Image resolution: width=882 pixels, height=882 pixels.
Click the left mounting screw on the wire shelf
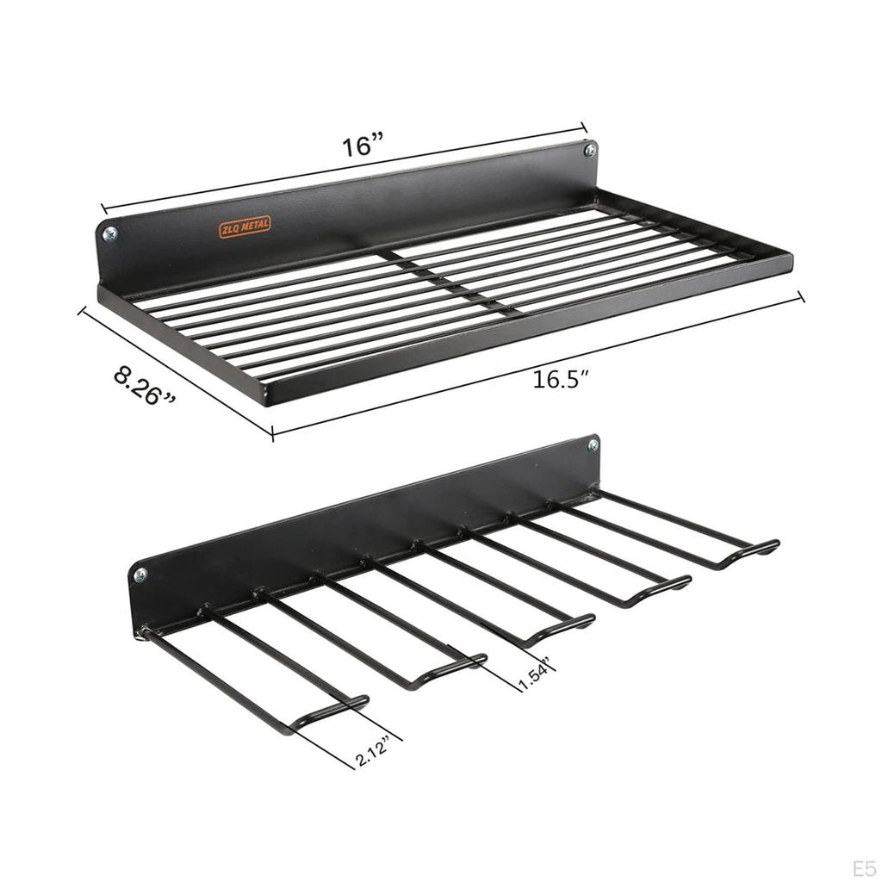pos(109,233)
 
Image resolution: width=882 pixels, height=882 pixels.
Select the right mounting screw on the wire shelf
pos(589,151)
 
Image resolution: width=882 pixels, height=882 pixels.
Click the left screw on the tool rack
pos(140,574)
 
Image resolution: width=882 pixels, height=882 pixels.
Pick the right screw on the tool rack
pos(593,445)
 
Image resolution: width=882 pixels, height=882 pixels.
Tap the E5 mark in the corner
pos(862,866)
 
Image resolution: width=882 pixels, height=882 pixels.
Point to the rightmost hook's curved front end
pos(748,552)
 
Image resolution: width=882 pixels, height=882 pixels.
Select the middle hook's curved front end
pos(560,627)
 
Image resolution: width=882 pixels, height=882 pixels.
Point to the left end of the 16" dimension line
pos(103,208)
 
